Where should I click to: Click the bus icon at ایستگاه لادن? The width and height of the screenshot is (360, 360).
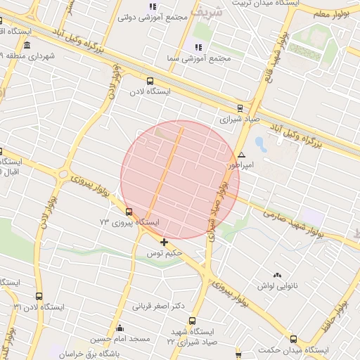click(x=150, y=81)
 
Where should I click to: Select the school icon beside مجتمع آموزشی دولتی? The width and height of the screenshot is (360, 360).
click(x=153, y=6)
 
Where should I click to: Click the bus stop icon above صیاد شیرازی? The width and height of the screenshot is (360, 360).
click(x=240, y=108)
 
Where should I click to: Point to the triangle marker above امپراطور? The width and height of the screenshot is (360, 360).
click(x=241, y=155)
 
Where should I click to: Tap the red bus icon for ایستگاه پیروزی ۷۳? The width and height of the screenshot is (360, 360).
click(x=129, y=211)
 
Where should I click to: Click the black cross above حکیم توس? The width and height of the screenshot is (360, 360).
click(x=165, y=242)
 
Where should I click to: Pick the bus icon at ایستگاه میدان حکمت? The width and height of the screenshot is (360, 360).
click(x=292, y=339)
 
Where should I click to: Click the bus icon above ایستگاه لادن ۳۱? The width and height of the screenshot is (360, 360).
click(x=38, y=296)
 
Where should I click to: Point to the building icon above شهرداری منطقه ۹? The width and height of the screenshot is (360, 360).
click(x=27, y=44)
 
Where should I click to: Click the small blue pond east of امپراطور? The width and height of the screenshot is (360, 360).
click(x=261, y=145)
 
